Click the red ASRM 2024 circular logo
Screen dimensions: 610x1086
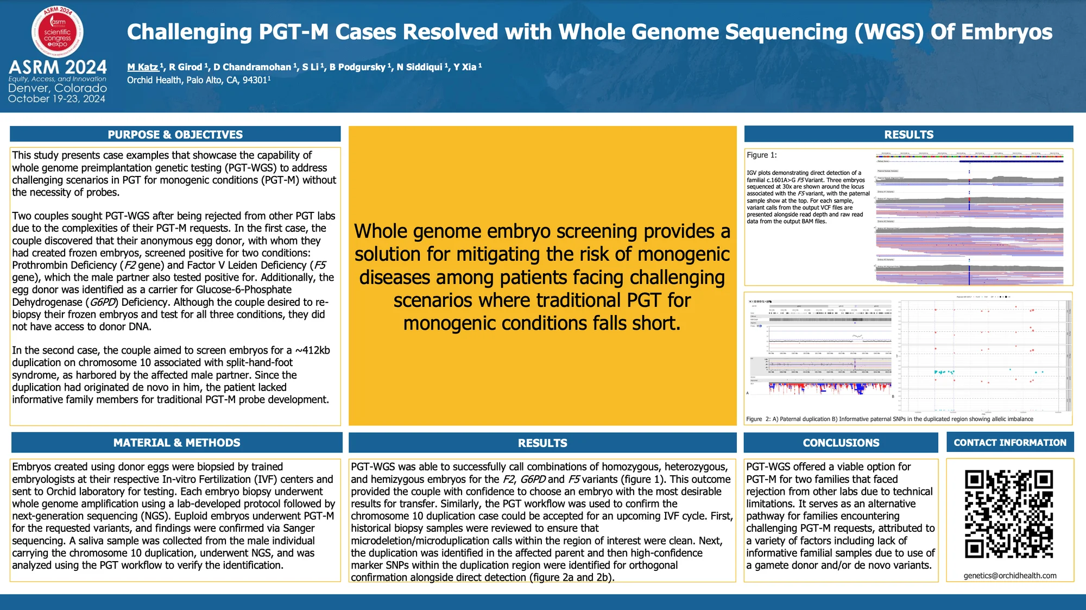pyautogui.click(x=58, y=32)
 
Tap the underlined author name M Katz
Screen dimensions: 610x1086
pyautogui.click(x=143, y=67)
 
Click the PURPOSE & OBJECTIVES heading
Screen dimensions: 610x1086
pyautogui.click(x=175, y=134)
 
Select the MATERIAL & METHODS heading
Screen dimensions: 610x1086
pyautogui.click(x=176, y=443)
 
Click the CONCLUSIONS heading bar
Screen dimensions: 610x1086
pyautogui.click(x=841, y=443)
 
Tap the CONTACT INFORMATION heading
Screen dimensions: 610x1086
pyautogui.click(x=1009, y=443)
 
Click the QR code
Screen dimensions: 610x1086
pyautogui.click(x=1009, y=514)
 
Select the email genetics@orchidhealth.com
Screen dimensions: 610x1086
pyautogui.click(x=1010, y=575)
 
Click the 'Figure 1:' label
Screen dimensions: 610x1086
pyautogui.click(x=761, y=155)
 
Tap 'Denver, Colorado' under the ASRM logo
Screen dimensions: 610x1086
pyautogui.click(x=58, y=88)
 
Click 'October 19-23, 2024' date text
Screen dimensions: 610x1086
pyautogui.click(x=56, y=99)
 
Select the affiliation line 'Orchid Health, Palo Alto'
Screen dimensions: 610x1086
pyautogui.click(x=198, y=80)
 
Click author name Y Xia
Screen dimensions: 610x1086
pyautogui.click(x=465, y=67)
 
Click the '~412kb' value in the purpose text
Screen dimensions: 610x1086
pyautogui.click(x=312, y=350)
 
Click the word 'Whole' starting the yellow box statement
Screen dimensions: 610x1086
pyautogui.click(x=380, y=231)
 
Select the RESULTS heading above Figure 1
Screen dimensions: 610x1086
pyautogui.click(x=908, y=134)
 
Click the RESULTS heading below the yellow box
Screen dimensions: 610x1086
pyautogui.click(x=542, y=443)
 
